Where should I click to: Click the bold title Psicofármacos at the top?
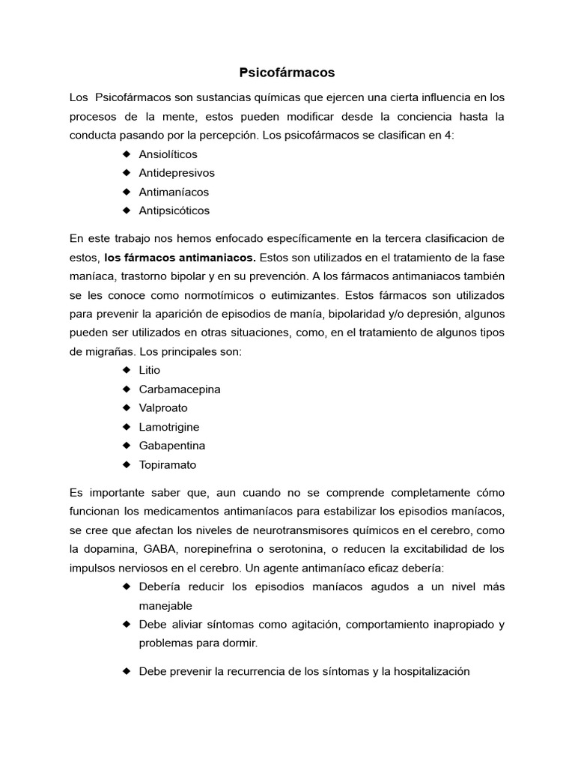(287, 73)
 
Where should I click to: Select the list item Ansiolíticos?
(168, 154)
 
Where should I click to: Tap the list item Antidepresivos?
(177, 173)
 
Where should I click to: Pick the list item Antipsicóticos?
(174, 210)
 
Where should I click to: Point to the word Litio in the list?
(150, 370)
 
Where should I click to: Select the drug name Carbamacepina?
(180, 389)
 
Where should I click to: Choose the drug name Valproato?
(163, 408)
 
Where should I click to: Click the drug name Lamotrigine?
(169, 427)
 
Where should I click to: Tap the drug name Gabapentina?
(172, 446)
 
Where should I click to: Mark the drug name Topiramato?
(168, 464)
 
